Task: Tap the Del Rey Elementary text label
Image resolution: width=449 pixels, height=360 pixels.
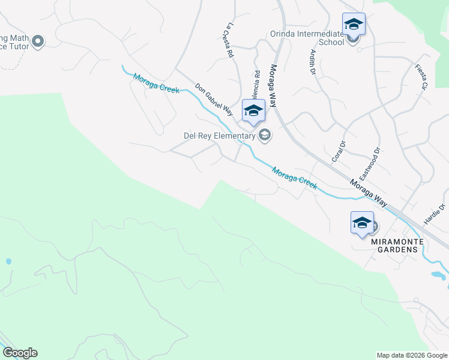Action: pos(219,136)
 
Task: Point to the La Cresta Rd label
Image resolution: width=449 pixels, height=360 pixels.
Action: pos(228,40)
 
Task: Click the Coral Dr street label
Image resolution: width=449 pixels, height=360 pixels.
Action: pos(339,151)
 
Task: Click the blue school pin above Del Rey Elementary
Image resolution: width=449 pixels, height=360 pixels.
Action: pos(253,111)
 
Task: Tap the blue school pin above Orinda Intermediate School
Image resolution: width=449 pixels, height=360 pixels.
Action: pos(354,24)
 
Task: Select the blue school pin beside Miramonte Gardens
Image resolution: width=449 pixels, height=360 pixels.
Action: pos(362,223)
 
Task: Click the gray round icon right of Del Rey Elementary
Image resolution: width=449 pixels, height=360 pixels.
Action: pos(265,136)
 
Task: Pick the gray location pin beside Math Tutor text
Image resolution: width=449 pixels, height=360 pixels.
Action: pos(38,41)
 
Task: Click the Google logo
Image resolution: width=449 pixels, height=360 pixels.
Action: pos(20,353)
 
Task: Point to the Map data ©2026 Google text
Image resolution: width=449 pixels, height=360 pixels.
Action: pos(411,355)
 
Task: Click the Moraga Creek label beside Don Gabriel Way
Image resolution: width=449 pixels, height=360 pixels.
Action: pos(157,82)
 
